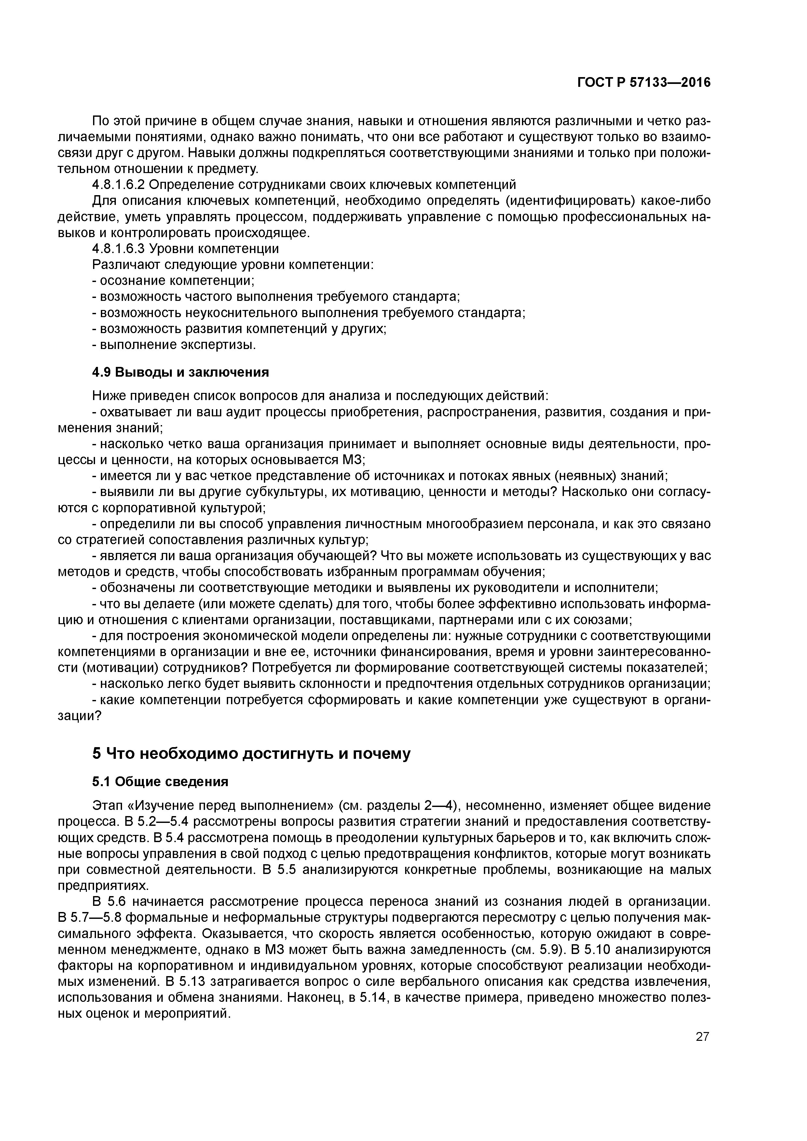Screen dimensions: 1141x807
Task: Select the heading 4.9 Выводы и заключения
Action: click(x=181, y=372)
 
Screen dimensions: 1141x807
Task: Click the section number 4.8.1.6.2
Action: click(x=118, y=185)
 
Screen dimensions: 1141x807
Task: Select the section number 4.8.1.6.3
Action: click(x=118, y=248)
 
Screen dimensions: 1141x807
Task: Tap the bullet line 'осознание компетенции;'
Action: click(x=174, y=281)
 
